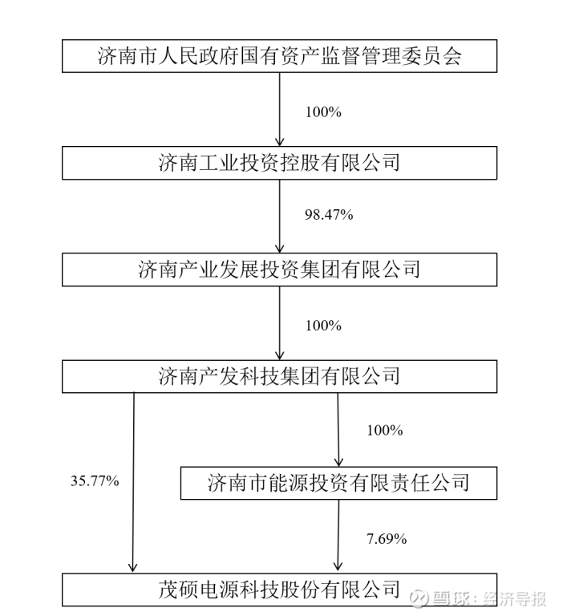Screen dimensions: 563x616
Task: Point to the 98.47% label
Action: point(329,214)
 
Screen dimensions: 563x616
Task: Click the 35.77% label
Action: point(95,480)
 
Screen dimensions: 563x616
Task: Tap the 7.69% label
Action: point(387,538)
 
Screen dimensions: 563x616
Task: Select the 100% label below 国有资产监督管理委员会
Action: point(323,112)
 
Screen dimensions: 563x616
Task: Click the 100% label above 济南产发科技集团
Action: point(323,326)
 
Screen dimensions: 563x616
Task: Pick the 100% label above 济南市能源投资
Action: point(385,430)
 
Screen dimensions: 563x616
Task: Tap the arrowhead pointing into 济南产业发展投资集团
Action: point(279,249)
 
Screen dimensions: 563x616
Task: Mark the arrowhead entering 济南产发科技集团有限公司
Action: point(279,355)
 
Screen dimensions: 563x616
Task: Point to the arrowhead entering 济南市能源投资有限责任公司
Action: point(338,462)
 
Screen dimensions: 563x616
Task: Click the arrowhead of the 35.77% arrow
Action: point(133,567)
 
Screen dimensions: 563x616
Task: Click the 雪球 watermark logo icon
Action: point(419,598)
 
